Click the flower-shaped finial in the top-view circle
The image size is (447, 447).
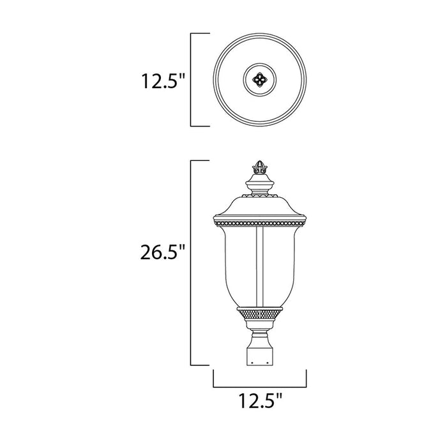click(x=259, y=80)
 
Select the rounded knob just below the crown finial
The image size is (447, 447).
click(x=259, y=187)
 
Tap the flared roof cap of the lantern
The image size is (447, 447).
click(x=259, y=208)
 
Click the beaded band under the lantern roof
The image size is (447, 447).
click(x=259, y=223)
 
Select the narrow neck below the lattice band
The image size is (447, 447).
click(x=259, y=329)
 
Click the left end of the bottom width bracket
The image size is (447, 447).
click(x=213, y=379)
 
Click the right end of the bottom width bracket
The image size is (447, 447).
click(x=306, y=379)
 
